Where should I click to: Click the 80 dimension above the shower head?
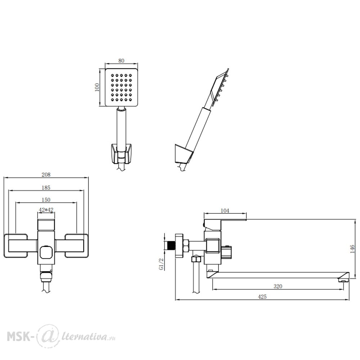(x=121, y=60)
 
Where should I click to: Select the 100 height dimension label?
(x=97, y=87)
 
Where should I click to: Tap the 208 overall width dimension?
(x=46, y=175)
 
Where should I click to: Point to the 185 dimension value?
(x=46, y=188)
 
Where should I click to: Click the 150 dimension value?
(x=46, y=200)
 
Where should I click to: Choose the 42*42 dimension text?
(x=46, y=210)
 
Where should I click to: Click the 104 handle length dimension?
(x=225, y=211)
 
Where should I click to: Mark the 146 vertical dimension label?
(x=352, y=249)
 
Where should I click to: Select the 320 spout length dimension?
(x=278, y=286)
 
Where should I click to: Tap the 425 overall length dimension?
(x=262, y=297)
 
